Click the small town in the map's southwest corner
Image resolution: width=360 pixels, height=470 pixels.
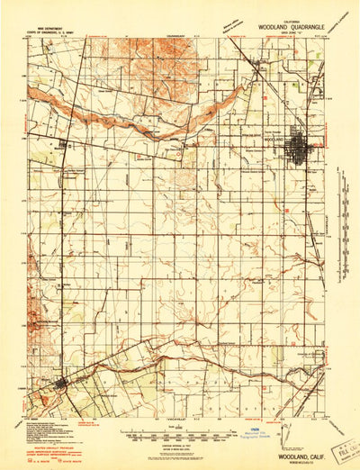pos(60,384)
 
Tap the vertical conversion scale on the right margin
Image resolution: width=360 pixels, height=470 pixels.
pos(342,198)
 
